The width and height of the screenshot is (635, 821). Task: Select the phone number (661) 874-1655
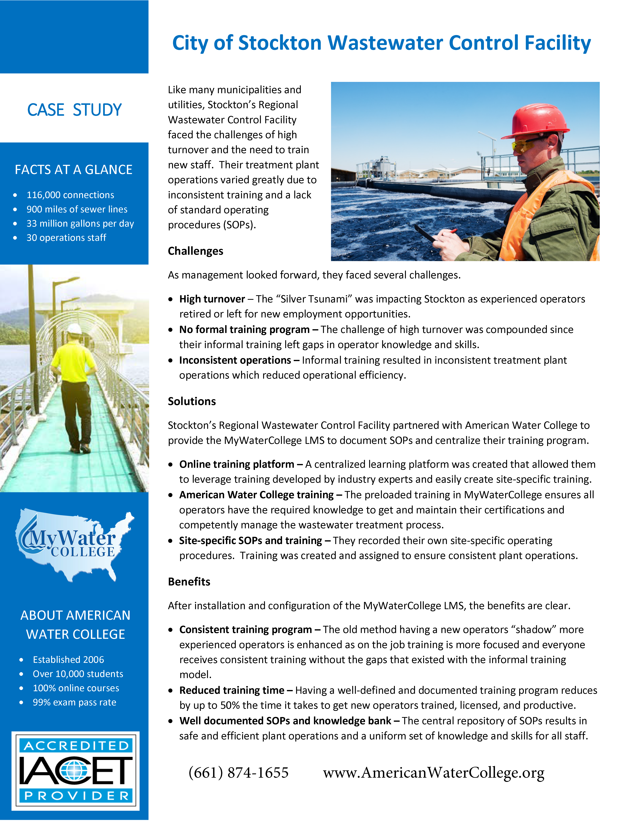238,773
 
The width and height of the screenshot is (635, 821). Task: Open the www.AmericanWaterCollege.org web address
433,773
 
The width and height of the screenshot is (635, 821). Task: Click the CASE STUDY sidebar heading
75,110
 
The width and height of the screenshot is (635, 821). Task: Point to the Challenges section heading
195,251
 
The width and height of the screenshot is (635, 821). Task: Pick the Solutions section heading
191,401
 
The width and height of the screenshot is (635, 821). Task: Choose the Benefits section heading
189,582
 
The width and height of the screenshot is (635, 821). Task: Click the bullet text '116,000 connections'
70,195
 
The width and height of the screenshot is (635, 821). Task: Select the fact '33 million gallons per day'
80,223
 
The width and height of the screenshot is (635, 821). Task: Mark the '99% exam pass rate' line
75,702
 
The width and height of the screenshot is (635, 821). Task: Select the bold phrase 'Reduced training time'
232,690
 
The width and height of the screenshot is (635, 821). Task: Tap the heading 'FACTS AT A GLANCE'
74,170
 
